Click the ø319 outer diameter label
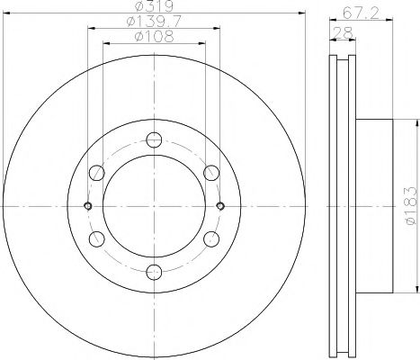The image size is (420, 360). (x=154, y=7)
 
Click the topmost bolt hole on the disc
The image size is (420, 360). (x=154, y=139)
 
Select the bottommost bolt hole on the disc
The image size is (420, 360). (x=154, y=274)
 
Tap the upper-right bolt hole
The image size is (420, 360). (x=212, y=173)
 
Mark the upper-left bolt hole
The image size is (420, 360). (x=95, y=173)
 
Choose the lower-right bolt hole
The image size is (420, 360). (x=212, y=240)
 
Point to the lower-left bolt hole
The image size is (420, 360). (x=95, y=240)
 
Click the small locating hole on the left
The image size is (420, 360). (x=87, y=206)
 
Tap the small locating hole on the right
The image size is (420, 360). (x=220, y=206)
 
